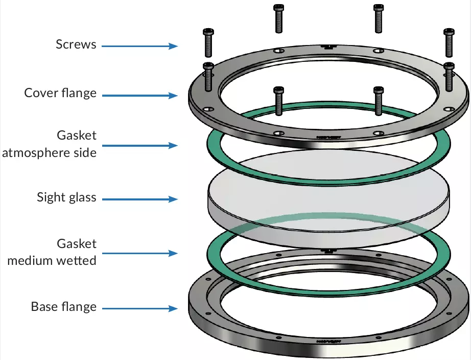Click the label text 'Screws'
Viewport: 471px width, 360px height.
coord(76,44)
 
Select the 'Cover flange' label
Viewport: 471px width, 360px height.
coord(60,94)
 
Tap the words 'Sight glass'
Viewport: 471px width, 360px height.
coord(66,197)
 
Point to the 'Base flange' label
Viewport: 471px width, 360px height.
coord(63,307)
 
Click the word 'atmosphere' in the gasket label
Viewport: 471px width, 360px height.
coord(38,152)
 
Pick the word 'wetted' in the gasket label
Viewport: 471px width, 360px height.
coord(78,260)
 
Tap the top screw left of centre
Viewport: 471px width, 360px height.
coord(278,17)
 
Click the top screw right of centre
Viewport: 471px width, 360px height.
coord(378,17)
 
